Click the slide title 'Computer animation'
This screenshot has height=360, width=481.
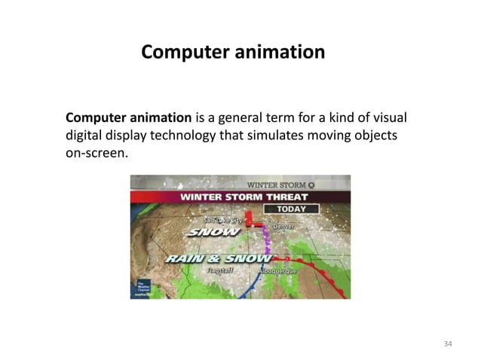(233, 53)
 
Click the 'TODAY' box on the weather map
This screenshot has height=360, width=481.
(295, 208)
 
